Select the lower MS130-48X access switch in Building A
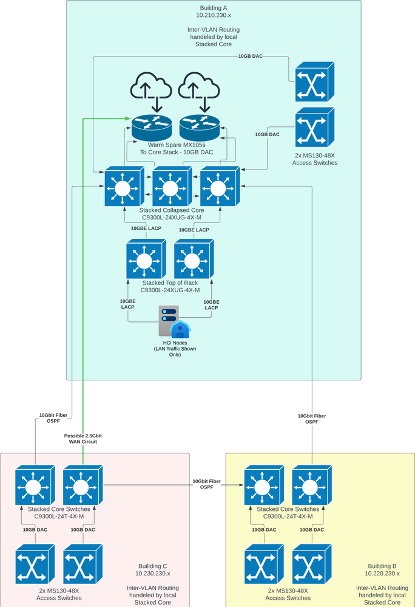314,128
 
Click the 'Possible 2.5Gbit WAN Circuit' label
84,439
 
